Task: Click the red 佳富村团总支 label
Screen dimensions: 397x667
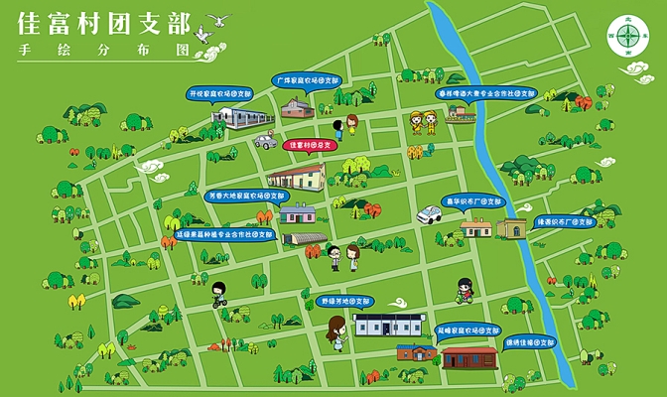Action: pyautogui.click(x=311, y=145)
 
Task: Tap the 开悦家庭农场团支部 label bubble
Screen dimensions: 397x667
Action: pyautogui.click(x=220, y=93)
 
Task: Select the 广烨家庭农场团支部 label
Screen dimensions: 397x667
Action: pyautogui.click(x=308, y=77)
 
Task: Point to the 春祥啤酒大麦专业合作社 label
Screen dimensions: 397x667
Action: pyautogui.click(x=486, y=93)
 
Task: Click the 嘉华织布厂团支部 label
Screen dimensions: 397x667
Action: pyautogui.click(x=472, y=201)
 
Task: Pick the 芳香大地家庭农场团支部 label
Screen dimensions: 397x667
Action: pyautogui.click(x=241, y=196)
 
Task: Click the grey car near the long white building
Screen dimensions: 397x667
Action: pyautogui.click(x=264, y=141)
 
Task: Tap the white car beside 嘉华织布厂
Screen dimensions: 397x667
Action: pyautogui.click(x=430, y=213)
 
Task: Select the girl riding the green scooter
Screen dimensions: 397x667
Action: pyautogui.click(x=464, y=290)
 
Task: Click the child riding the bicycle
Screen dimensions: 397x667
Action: pyautogui.click(x=217, y=295)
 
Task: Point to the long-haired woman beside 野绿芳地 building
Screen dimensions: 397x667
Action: pyautogui.click(x=336, y=332)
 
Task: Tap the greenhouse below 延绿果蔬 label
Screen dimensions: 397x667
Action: pyautogui.click(x=305, y=239)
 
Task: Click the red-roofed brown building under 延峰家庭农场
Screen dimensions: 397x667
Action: pyautogui.click(x=467, y=355)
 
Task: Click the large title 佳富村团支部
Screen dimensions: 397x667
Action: pyautogui.click(x=98, y=23)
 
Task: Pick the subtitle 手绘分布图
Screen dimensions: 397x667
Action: pyautogui.click(x=96, y=49)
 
